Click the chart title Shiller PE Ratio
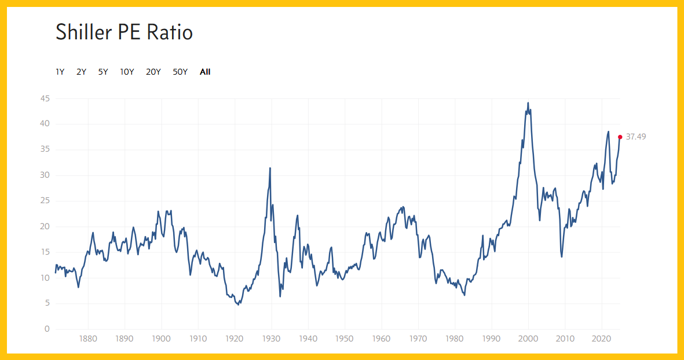124,32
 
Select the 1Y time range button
60,72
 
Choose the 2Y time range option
81,72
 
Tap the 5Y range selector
103,72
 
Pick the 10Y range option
127,72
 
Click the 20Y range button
153,72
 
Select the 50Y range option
180,72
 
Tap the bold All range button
205,72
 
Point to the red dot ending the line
620,137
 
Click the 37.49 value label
636,137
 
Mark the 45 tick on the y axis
45,99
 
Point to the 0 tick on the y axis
47,329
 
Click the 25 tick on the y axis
45,201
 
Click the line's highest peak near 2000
528,103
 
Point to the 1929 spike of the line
270,168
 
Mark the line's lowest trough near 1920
238,304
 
